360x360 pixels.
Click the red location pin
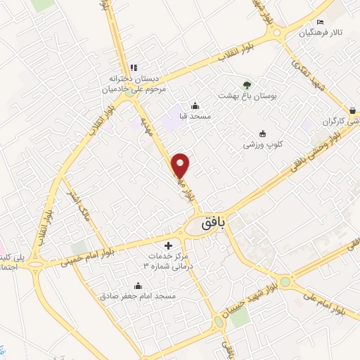pyautogui.click(x=181, y=165)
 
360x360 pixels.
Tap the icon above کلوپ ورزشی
pyautogui.click(x=263, y=133)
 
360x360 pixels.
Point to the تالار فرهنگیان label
pyautogui.click(x=322, y=33)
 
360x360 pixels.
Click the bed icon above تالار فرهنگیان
pyautogui.click(x=321, y=22)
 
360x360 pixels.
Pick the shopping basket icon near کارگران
pyautogui.click(x=352, y=110)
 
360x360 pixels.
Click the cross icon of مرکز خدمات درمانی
pyautogui.click(x=167, y=245)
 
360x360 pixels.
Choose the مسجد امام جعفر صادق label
pyautogui.click(x=139, y=297)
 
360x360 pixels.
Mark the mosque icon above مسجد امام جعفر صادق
pyautogui.click(x=138, y=285)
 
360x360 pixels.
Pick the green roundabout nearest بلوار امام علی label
pyautogui.click(x=285, y=282)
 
